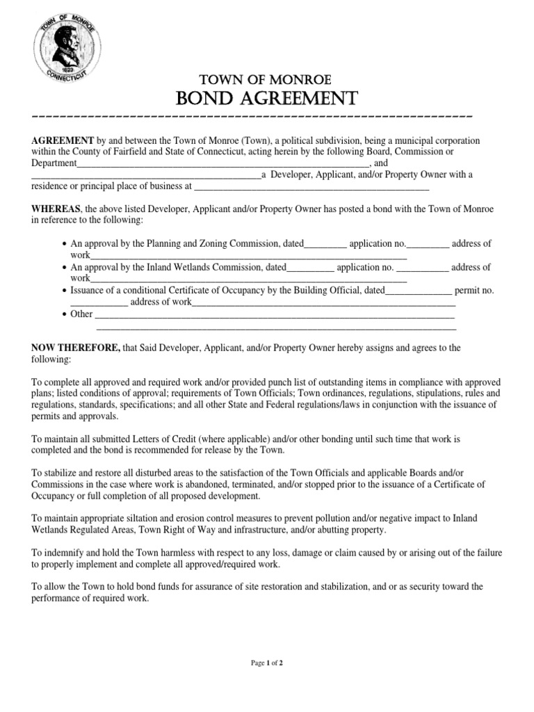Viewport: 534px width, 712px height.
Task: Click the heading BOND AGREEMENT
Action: click(267, 97)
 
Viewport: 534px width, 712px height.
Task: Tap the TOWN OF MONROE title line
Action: click(267, 79)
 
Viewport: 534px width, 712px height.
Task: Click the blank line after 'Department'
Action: click(222, 163)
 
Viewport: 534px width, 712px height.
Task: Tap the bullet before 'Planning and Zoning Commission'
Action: click(64, 244)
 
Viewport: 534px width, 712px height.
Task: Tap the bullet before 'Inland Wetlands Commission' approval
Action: click(64, 268)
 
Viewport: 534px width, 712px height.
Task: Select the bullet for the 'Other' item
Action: click(64, 314)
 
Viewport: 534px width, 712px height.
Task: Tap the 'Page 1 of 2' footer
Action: click(267, 663)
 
